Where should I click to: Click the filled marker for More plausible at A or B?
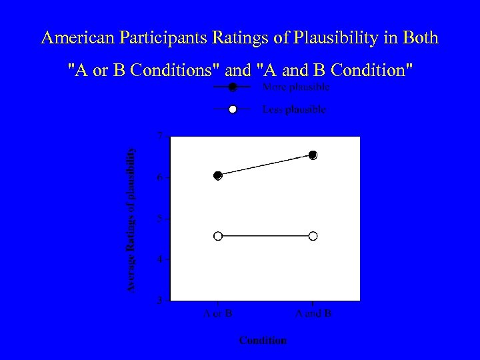[x=218, y=175]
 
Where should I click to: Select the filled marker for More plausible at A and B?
[x=313, y=155]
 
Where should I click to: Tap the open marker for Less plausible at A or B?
[x=218, y=236]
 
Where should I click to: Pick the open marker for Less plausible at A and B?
[x=313, y=236]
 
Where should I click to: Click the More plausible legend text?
[x=296, y=87]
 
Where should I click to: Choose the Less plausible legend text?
[x=295, y=110]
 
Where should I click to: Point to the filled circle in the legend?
[x=232, y=87]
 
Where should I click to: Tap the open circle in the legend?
[x=232, y=109]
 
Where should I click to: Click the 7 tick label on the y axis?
[x=159, y=136]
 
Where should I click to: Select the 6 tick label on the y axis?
[x=159, y=177]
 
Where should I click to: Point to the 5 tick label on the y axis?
[x=159, y=218]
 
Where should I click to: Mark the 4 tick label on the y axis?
[x=159, y=259]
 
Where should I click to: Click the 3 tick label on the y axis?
[x=159, y=300]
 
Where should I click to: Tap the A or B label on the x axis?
[x=218, y=313]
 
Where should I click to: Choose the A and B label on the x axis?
[x=313, y=313]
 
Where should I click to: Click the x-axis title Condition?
[x=263, y=340]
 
